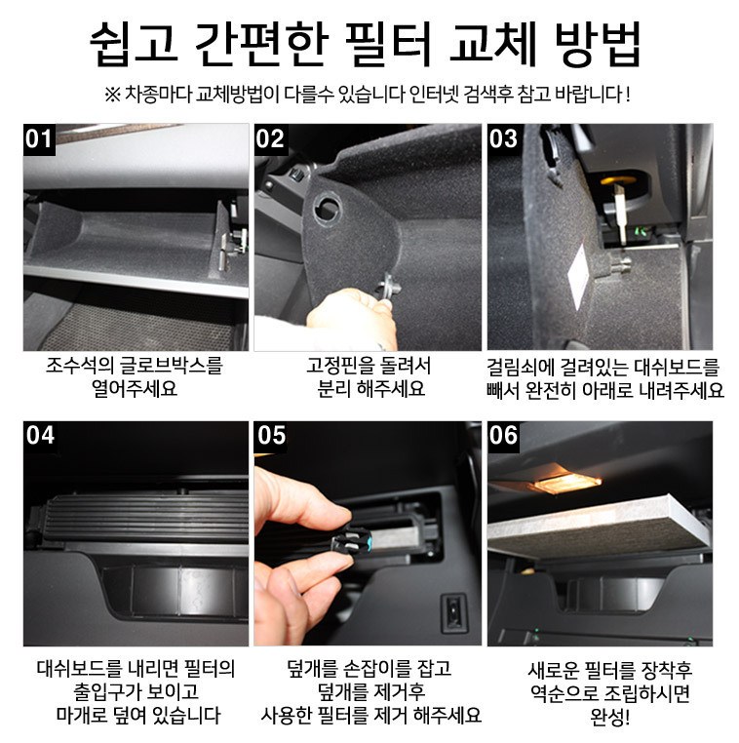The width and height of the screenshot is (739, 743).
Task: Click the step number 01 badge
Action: tap(39, 139)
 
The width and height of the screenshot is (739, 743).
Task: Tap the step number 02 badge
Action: tap(270, 139)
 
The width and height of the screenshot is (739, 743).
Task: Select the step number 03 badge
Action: tap(503, 139)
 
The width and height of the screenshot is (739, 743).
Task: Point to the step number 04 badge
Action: tap(39, 436)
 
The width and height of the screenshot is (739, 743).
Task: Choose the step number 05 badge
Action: tap(271, 436)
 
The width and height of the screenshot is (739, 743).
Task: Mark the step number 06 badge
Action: tap(504, 436)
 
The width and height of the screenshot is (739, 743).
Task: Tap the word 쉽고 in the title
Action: tap(134, 45)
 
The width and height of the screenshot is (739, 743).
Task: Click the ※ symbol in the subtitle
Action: tap(113, 95)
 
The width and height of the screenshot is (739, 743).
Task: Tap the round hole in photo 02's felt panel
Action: tap(327, 207)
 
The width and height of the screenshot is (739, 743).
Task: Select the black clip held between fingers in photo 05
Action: tap(352, 540)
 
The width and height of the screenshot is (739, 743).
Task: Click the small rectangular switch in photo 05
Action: tap(453, 613)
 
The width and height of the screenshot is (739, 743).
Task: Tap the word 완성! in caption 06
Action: tap(609, 717)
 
